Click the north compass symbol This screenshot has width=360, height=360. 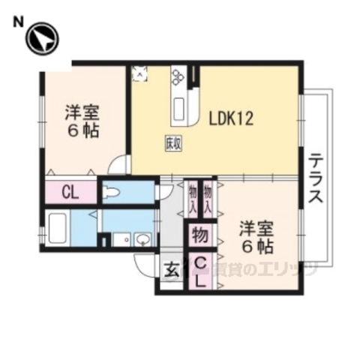(42, 39)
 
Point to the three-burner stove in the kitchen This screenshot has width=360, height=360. (178, 77)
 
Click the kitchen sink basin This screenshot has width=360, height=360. (181, 107)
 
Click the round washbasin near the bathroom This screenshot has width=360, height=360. (143, 240)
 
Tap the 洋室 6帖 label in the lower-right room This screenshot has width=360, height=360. (256, 236)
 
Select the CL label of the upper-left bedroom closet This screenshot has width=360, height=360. (70, 192)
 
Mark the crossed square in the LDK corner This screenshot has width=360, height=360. (140, 73)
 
